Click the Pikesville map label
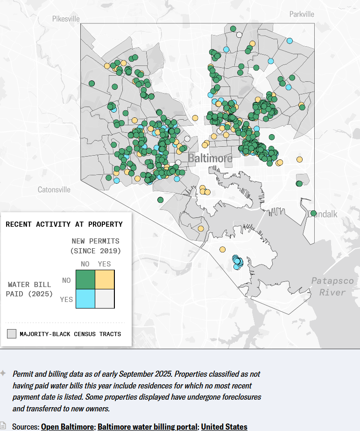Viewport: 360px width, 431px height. (x=66, y=19)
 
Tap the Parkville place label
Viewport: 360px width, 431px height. (x=302, y=14)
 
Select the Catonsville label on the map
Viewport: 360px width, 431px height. (x=54, y=190)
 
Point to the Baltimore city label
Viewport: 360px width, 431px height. (x=210, y=158)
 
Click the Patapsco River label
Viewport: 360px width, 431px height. (x=329, y=286)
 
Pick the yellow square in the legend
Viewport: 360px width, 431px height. (x=105, y=280)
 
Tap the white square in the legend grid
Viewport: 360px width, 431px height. (x=105, y=299)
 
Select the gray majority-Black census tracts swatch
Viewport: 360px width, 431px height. (x=12, y=334)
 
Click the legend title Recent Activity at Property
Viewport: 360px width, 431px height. (x=64, y=224)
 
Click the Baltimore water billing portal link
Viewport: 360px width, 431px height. (x=148, y=426)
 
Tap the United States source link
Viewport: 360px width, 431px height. (x=224, y=426)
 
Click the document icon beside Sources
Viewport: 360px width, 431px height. (x=3, y=426)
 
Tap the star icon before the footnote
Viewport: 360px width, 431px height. (x=3, y=374)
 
